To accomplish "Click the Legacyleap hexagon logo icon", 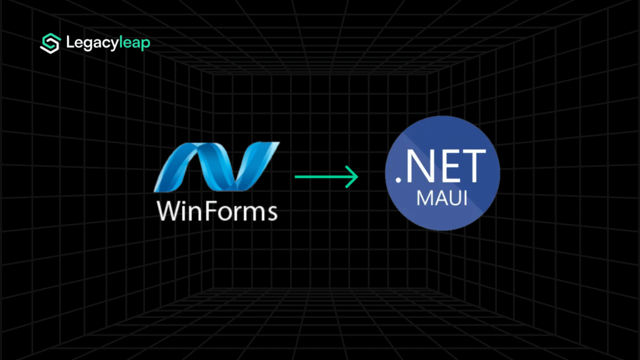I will coord(49,43).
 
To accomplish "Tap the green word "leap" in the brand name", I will coord(133,44).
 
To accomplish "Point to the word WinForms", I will coord(217,211).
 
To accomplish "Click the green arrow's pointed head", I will coord(354,177).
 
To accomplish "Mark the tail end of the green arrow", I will coord(297,177).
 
